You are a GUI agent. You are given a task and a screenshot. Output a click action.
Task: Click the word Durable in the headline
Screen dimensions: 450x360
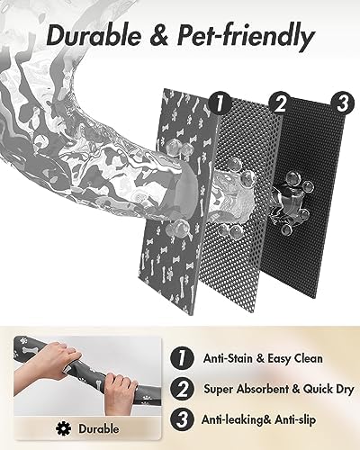click(94, 37)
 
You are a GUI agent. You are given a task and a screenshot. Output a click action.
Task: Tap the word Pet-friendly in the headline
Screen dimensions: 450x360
click(240, 37)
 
